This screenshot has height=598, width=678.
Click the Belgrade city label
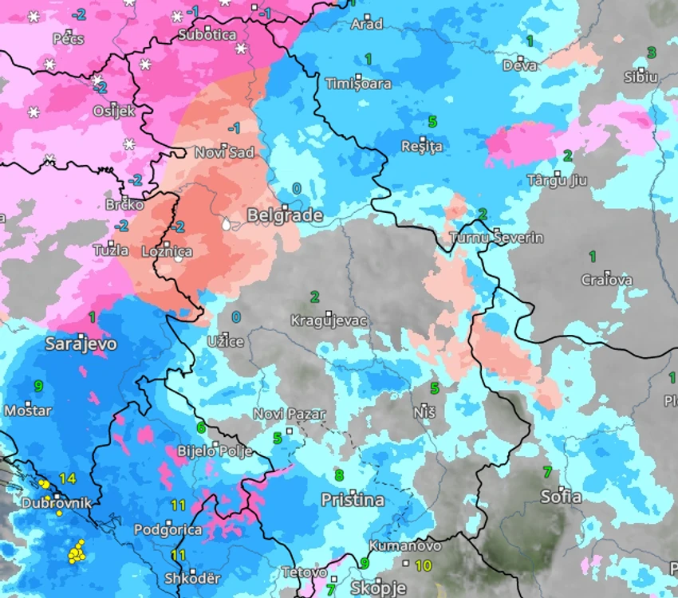[285, 215]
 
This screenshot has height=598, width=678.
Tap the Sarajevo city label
[81, 344]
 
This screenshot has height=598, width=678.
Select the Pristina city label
[352, 501]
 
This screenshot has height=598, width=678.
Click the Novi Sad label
[225, 153]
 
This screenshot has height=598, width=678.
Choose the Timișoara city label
[358, 84]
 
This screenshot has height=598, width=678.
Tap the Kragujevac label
[328, 321]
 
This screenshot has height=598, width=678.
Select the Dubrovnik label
[56, 503]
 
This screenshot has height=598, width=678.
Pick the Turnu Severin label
[496, 238]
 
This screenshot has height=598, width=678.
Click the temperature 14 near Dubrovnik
[67, 478]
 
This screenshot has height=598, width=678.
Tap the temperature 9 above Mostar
[38, 386]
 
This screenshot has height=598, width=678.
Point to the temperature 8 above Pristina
[339, 476]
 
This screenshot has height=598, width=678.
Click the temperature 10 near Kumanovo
[424, 565]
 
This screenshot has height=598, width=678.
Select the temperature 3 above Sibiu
[651, 53]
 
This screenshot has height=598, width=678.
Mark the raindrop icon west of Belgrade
[227, 225]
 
